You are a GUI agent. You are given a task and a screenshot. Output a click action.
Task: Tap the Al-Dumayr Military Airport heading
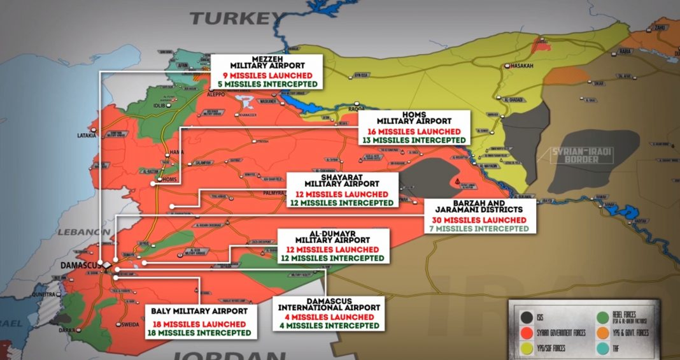[x=332, y=239]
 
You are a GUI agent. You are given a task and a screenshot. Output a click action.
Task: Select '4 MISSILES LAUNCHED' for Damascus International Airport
[x=330, y=317]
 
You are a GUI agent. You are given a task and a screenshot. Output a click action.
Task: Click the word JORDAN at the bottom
[x=216, y=354]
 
